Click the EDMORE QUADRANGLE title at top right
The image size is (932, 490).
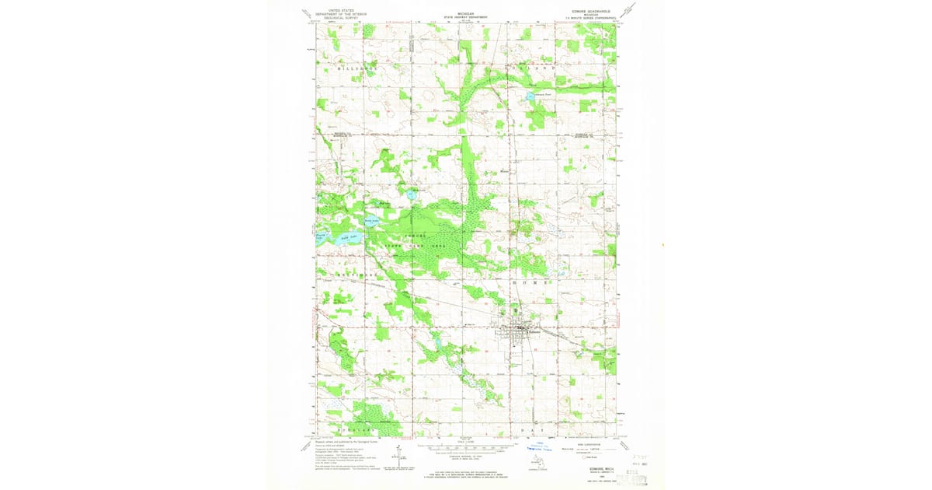tap(593, 11)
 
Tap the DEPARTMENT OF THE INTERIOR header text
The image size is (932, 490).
tap(325, 14)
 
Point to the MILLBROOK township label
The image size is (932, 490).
tap(356, 69)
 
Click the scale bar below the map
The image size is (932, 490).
tap(466, 449)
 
